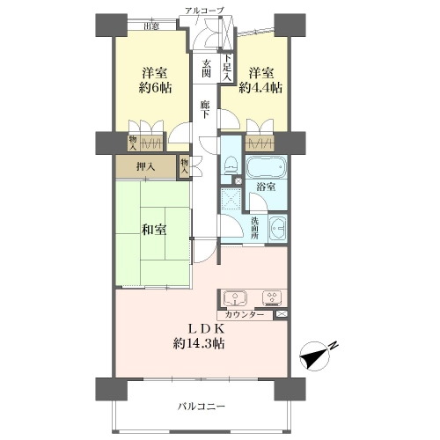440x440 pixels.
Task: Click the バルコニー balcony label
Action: click(x=202, y=407)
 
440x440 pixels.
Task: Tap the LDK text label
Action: click(x=206, y=329)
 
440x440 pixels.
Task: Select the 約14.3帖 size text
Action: click(x=199, y=343)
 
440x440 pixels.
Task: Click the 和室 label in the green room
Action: click(x=154, y=230)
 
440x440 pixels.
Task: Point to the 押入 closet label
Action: click(x=145, y=167)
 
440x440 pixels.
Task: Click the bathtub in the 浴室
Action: click(x=266, y=166)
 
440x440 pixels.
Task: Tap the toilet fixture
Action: click(x=230, y=166)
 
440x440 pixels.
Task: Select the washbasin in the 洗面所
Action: click(x=277, y=228)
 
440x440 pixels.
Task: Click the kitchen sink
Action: click(x=235, y=298)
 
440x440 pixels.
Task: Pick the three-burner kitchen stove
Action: click(x=271, y=298)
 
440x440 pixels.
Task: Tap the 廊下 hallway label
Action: click(x=205, y=109)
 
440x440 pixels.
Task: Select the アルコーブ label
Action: click(x=204, y=11)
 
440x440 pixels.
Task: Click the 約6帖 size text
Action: click(x=155, y=87)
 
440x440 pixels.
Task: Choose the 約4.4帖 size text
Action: click(x=260, y=87)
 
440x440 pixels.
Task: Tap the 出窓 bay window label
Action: click(x=151, y=26)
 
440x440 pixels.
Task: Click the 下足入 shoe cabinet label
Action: click(x=228, y=68)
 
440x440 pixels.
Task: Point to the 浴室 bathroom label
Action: click(x=266, y=187)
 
